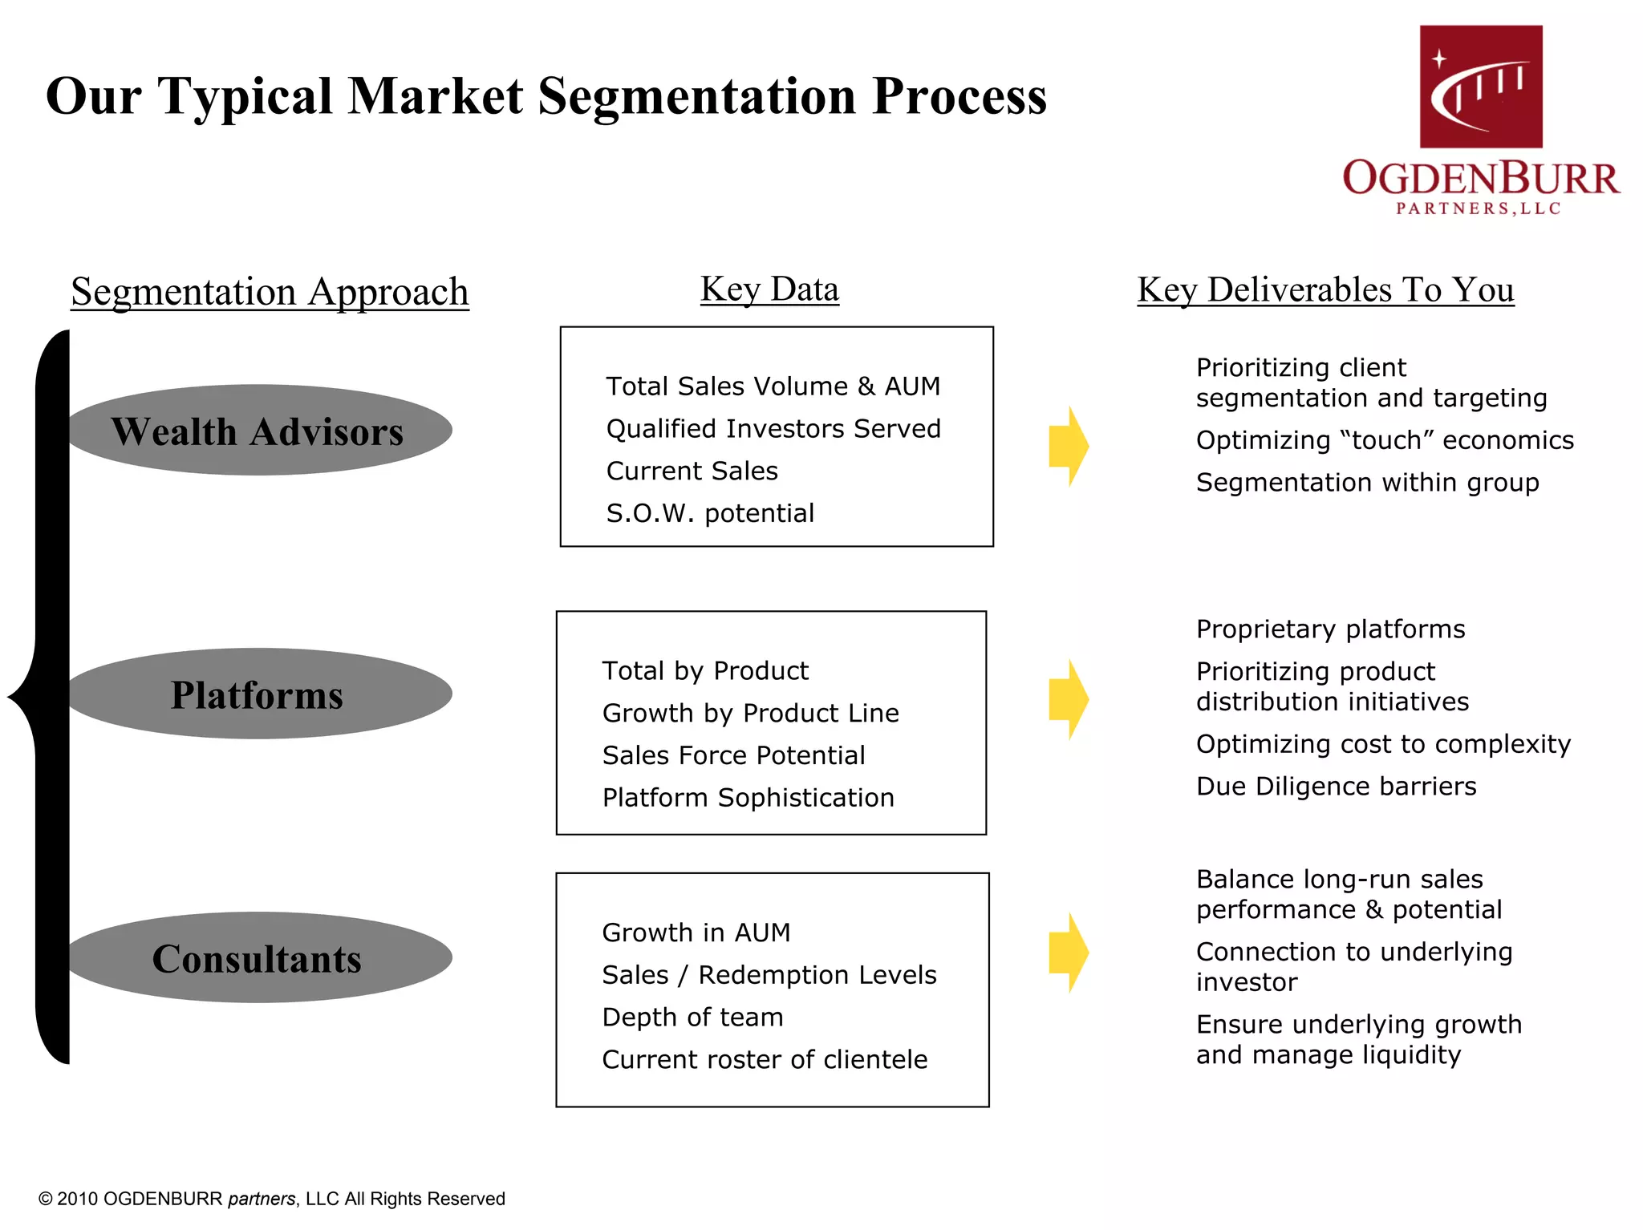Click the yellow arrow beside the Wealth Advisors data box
point(1068,446)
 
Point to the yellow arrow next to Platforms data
point(1068,699)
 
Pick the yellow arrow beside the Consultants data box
point(1068,953)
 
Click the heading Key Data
point(769,289)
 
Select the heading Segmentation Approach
point(270,292)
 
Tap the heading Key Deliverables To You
point(1325,289)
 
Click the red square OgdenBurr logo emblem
point(1481,87)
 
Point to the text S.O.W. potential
point(710,513)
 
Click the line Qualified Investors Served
point(773,428)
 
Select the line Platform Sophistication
point(748,798)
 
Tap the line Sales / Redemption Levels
point(769,975)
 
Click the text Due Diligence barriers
point(1336,787)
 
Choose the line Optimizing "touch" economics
point(1385,440)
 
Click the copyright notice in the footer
point(272,1199)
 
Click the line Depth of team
point(692,1018)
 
